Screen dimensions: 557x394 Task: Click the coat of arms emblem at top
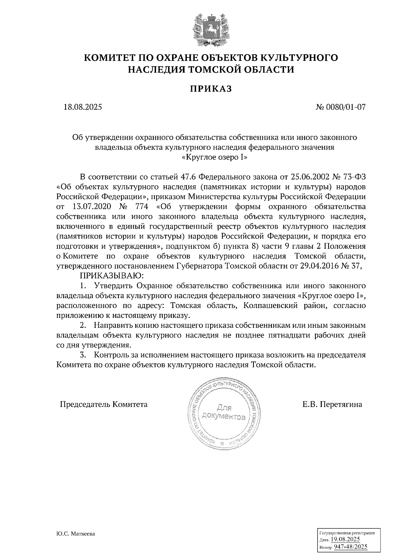coord(211,30)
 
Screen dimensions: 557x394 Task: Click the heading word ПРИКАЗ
coord(211,89)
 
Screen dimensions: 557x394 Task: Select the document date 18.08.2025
coord(83,107)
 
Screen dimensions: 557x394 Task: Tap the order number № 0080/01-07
coord(340,107)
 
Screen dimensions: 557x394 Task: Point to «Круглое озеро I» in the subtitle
coord(214,157)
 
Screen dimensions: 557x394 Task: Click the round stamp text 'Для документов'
coord(224,413)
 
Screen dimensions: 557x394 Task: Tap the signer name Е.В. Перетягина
coord(332,404)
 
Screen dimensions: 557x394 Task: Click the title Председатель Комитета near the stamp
coord(103,404)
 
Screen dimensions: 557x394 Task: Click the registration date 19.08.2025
coord(345,539)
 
